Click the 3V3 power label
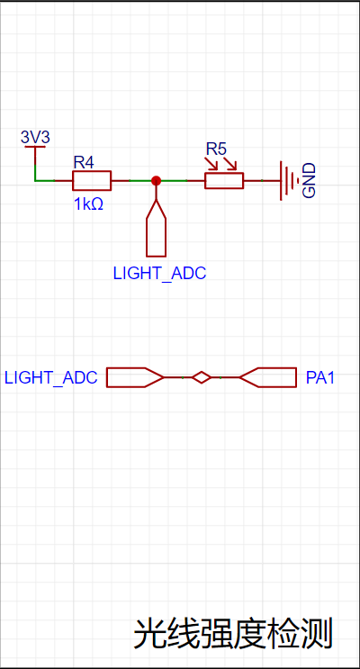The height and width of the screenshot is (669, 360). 35,138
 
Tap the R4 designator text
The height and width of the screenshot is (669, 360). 84,163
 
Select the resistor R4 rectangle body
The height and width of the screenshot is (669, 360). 92,180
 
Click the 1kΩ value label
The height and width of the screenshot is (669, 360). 89,204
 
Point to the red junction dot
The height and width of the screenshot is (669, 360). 156,180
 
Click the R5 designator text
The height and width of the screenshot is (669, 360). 216,149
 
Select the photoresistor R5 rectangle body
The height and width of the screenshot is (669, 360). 224,180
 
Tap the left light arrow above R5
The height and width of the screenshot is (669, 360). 211,163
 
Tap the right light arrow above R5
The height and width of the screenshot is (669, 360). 230,163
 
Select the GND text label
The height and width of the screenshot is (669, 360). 309,180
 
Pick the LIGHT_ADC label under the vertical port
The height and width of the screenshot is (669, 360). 159,274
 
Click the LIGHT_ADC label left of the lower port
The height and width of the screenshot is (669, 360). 50,377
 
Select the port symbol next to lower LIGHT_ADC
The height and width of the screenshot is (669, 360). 135,377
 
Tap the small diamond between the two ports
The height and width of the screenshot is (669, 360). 202,377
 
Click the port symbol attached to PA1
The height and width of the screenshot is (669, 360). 268,377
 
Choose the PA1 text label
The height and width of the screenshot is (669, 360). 320,377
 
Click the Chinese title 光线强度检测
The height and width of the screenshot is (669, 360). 233,635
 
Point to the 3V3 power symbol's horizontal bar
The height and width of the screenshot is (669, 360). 35,147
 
